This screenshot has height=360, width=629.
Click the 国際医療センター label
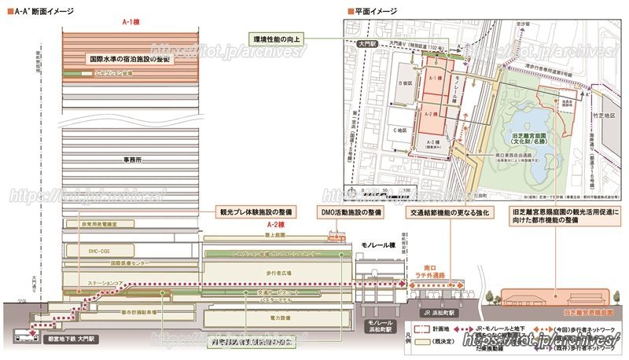(x=115, y=264)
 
